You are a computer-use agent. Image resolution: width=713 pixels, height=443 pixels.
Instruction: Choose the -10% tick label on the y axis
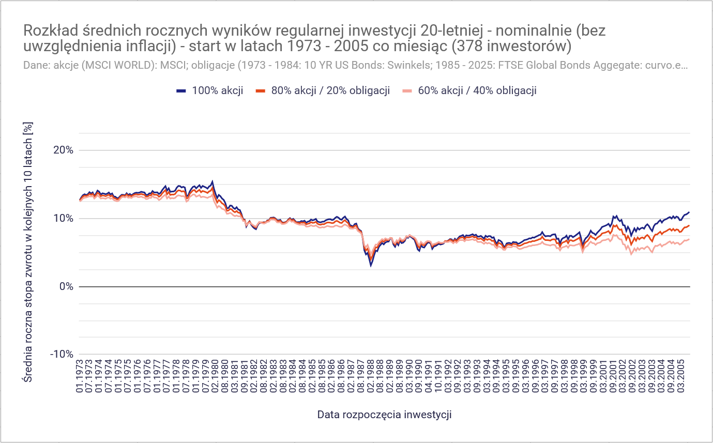[62, 354]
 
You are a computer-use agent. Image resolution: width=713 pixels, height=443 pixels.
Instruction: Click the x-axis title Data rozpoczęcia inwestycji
[385, 415]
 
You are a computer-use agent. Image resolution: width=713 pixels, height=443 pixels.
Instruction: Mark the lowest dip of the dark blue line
[371, 266]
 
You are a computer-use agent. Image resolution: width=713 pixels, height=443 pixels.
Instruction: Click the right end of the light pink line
[689, 239]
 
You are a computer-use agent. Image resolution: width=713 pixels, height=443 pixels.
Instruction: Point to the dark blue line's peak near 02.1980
[213, 182]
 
